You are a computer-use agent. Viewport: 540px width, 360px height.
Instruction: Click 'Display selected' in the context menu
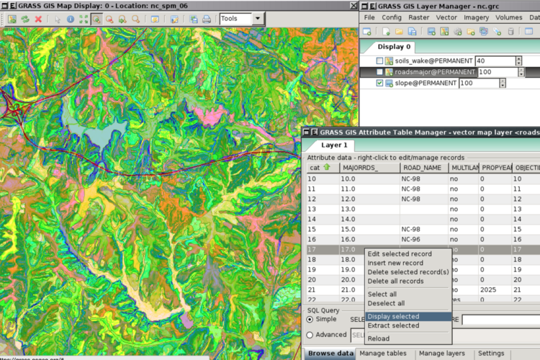click(392, 316)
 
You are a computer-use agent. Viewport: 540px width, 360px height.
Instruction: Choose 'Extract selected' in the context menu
click(392, 325)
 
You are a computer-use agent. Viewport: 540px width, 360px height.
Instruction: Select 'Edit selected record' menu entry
click(400, 254)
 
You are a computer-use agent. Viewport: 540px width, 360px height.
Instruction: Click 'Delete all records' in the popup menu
click(395, 281)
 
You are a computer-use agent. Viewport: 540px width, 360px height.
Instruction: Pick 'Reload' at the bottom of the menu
click(378, 338)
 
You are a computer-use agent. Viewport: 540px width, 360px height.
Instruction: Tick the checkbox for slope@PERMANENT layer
click(379, 84)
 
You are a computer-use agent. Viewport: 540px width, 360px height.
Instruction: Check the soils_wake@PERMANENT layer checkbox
click(379, 61)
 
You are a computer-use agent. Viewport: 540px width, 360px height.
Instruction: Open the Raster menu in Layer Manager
click(419, 17)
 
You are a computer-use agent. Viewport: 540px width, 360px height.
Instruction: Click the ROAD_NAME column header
click(423, 167)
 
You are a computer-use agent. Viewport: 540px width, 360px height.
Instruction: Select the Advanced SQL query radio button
click(310, 334)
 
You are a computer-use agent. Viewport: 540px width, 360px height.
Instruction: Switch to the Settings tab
click(491, 354)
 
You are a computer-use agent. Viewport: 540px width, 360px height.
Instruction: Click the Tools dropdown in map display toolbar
click(241, 19)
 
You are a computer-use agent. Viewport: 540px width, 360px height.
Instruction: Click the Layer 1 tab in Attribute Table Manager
click(334, 145)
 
